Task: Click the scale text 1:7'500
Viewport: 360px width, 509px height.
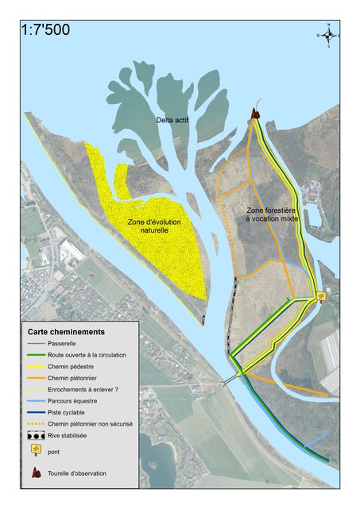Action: [x=47, y=30]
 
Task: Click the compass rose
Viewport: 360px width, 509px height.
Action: [x=328, y=34]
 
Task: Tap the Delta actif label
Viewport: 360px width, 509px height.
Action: [x=172, y=120]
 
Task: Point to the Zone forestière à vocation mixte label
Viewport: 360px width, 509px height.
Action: [x=268, y=213]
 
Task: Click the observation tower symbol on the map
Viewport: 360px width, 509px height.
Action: [x=255, y=114]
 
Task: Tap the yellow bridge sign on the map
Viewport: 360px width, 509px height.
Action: [x=321, y=296]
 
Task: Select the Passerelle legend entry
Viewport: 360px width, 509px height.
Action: [x=68, y=344]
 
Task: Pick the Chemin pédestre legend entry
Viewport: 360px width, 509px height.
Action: [x=75, y=367]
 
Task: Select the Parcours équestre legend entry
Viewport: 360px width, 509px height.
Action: [x=78, y=401]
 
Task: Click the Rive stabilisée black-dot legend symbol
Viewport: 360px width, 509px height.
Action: [x=37, y=436]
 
